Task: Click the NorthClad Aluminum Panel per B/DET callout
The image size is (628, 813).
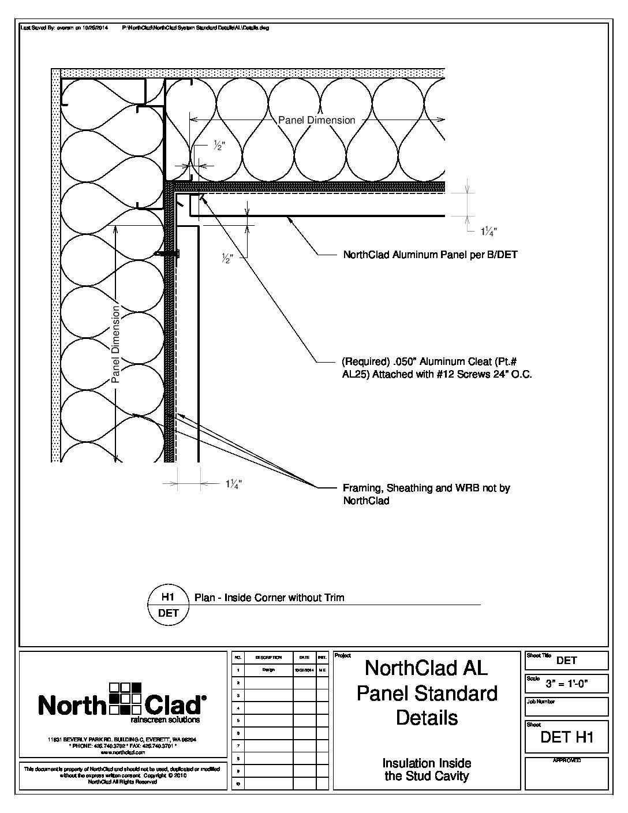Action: pyautogui.click(x=430, y=255)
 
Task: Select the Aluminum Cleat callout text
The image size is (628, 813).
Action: pyautogui.click(x=436, y=368)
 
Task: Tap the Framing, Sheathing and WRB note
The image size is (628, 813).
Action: pyautogui.click(x=426, y=494)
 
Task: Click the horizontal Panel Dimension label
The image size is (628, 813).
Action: pyautogui.click(x=316, y=120)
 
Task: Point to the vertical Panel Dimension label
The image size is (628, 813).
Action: pyautogui.click(x=115, y=344)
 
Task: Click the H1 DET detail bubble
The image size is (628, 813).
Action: pyautogui.click(x=168, y=605)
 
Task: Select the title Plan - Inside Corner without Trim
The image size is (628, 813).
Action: pyautogui.click(x=269, y=598)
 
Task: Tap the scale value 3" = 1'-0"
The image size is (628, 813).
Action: pyautogui.click(x=567, y=685)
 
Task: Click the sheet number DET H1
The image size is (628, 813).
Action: pyautogui.click(x=567, y=737)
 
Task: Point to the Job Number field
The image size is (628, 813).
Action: pyautogui.click(x=566, y=706)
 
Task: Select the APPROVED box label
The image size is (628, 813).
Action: pyautogui.click(x=566, y=761)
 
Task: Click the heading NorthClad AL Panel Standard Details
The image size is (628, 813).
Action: pyautogui.click(x=427, y=693)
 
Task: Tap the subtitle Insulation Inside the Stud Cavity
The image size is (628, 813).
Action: pyautogui.click(x=427, y=770)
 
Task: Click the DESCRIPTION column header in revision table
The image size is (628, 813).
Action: pyautogui.click(x=268, y=658)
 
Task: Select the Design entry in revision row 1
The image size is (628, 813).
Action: pyautogui.click(x=268, y=670)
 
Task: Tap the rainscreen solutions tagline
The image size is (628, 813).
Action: pyautogui.click(x=165, y=720)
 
